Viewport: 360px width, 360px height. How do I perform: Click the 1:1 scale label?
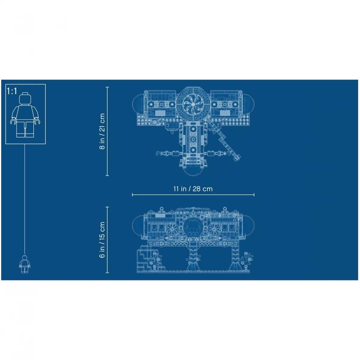[x=12, y=91]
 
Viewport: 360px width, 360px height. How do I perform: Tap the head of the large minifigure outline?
[x=25, y=98]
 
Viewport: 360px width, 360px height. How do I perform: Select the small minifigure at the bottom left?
[x=25, y=264]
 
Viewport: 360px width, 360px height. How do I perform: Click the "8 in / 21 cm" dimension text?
[x=102, y=131]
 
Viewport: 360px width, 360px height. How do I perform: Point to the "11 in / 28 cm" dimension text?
[x=193, y=189]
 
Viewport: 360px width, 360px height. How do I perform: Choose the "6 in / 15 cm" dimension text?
[x=102, y=240]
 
